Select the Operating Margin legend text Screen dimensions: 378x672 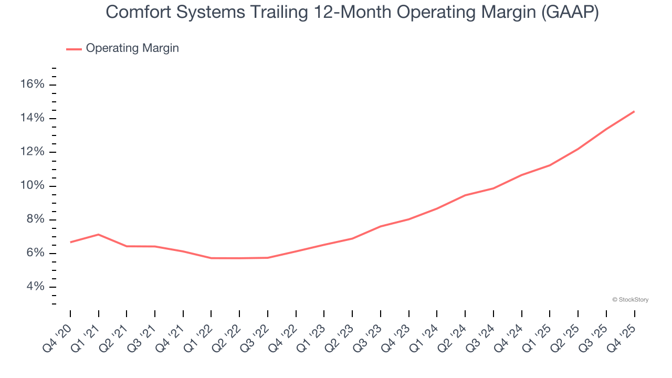(132, 48)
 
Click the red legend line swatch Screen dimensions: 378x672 (74, 49)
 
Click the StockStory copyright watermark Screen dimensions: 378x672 (630, 300)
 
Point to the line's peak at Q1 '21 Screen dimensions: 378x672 (99, 234)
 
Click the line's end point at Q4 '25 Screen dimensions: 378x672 (634, 111)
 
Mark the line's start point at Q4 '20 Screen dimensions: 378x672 (70, 242)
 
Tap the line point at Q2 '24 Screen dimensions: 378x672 (465, 195)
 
